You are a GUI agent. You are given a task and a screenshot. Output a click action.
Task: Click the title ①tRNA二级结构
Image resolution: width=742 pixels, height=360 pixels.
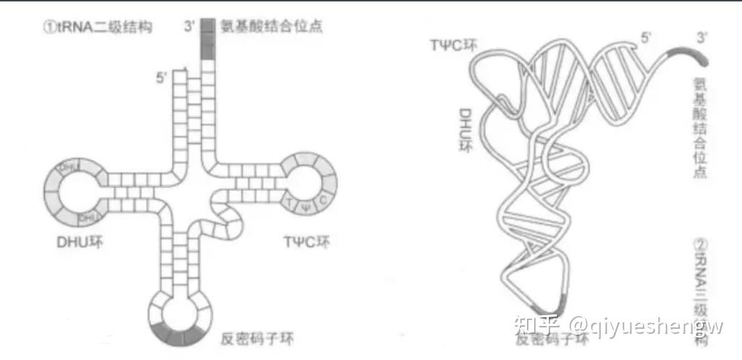point(99,28)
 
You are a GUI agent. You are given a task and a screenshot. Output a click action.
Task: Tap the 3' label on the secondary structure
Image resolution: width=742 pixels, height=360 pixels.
point(190,28)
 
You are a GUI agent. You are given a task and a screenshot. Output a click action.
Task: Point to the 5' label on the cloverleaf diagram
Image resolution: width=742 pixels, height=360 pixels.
point(161,76)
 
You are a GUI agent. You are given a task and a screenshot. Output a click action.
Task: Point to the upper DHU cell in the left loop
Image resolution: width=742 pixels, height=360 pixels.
point(69,168)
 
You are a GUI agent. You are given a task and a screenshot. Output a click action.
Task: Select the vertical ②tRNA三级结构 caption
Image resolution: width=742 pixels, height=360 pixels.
point(701,290)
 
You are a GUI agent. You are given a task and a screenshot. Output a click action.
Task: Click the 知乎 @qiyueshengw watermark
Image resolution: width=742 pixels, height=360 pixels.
point(618,327)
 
